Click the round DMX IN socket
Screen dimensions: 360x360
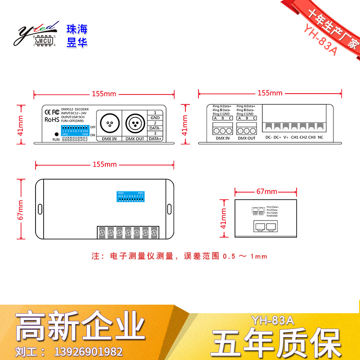click(x=109, y=122)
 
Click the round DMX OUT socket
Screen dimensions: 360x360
click(x=135, y=122)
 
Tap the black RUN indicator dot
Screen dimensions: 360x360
click(x=56, y=134)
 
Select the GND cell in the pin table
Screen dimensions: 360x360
click(x=155, y=117)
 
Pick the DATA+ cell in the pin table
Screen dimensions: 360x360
click(x=155, y=139)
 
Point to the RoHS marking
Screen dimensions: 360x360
click(x=50, y=120)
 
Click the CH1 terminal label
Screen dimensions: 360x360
click(x=295, y=137)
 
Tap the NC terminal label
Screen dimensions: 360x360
click(x=320, y=137)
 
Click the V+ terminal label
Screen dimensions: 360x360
click(x=286, y=137)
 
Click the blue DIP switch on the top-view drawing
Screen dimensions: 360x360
click(x=130, y=197)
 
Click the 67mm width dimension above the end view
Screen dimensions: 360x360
click(x=266, y=191)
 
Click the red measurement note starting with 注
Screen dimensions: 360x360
click(x=180, y=256)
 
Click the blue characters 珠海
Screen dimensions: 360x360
click(x=76, y=30)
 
